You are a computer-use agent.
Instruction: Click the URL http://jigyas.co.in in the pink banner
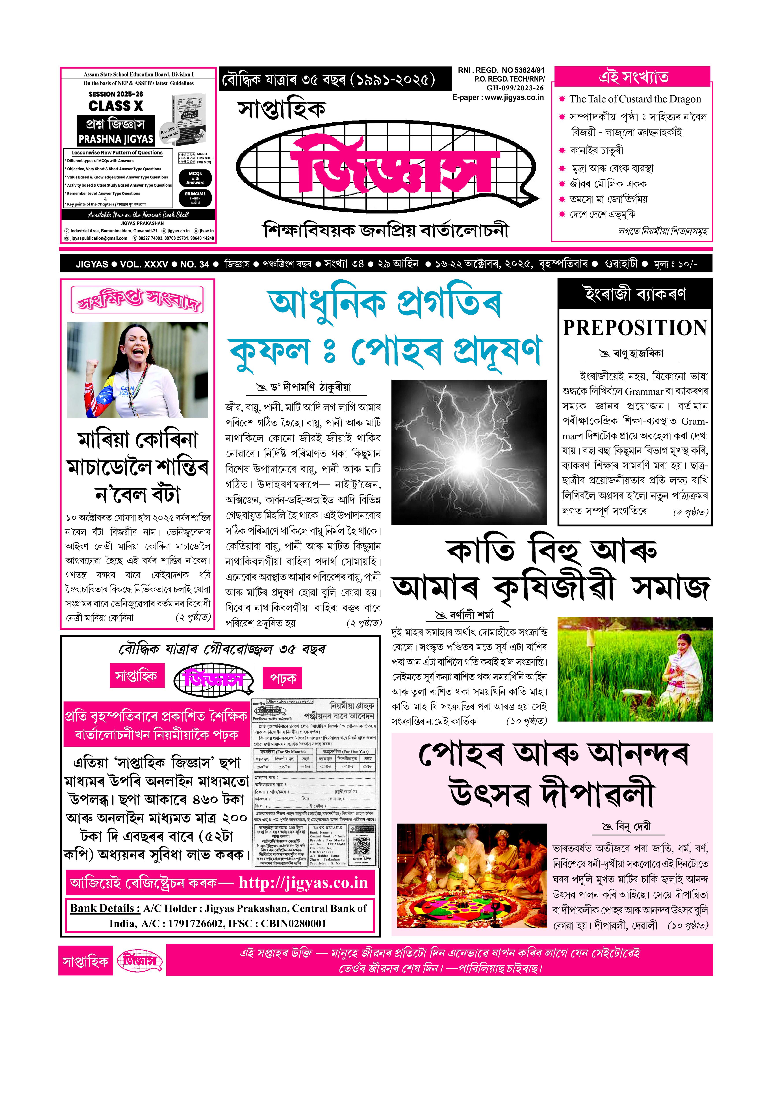pyautogui.click(x=303, y=883)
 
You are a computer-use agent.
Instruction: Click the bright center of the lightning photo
pyautogui.click(x=469, y=459)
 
